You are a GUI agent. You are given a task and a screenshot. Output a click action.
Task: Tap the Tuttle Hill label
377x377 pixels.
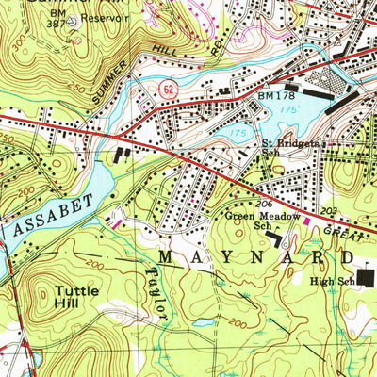pyautogui.click(x=74, y=298)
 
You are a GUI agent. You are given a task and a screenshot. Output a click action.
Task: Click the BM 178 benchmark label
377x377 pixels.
pyautogui.click(x=274, y=95)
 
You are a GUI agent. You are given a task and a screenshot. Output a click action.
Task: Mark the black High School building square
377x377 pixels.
pyautogui.click(x=366, y=278)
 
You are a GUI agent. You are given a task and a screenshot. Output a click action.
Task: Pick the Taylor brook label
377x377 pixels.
pyautogui.click(x=156, y=294)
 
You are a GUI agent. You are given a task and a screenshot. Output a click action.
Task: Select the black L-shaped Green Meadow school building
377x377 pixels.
pyautogui.click(x=277, y=241)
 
